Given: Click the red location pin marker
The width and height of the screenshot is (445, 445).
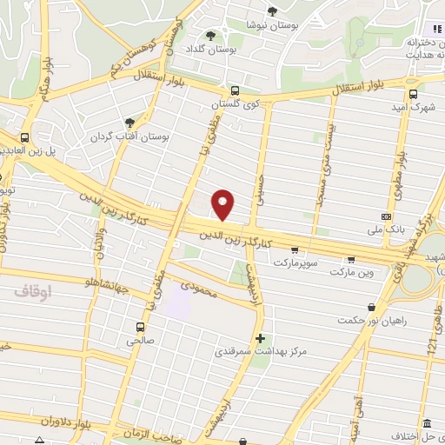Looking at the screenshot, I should (x=223, y=204).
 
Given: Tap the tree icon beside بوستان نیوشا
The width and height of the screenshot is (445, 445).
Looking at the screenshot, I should (x=272, y=11).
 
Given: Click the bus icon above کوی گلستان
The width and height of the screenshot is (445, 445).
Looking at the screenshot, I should (x=235, y=90).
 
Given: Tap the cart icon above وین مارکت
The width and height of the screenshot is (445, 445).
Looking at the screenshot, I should (x=351, y=258).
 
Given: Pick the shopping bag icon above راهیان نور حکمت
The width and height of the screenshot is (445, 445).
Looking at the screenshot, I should (x=372, y=306).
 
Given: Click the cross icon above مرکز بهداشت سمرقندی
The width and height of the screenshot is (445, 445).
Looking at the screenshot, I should (x=260, y=337).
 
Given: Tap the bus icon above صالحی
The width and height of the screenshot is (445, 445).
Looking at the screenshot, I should (x=140, y=327).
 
